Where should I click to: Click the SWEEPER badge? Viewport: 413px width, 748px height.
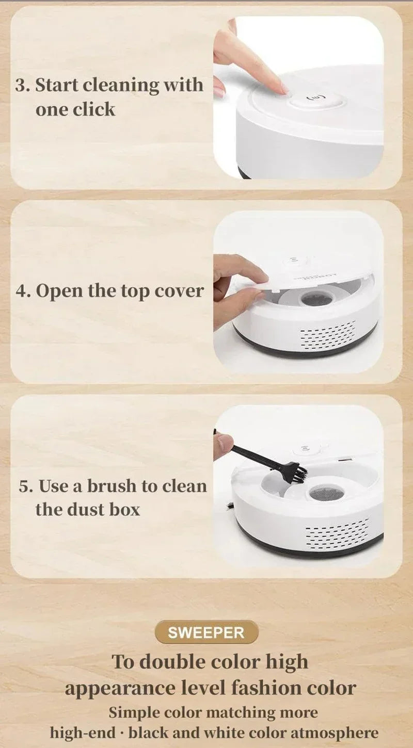206,632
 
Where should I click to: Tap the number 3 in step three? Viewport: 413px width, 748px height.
22,85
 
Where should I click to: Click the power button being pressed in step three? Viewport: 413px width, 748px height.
315,97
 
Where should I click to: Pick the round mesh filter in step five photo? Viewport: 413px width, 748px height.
326,493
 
